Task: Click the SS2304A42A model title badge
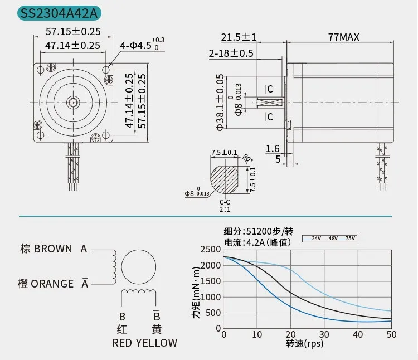59,13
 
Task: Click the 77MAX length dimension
344,37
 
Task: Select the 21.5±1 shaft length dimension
239,37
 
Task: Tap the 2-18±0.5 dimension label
231,53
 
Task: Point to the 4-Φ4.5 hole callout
142,45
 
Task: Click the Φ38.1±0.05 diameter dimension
220,103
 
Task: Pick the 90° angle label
248,158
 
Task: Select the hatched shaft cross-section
224,180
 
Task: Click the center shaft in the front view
73,103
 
